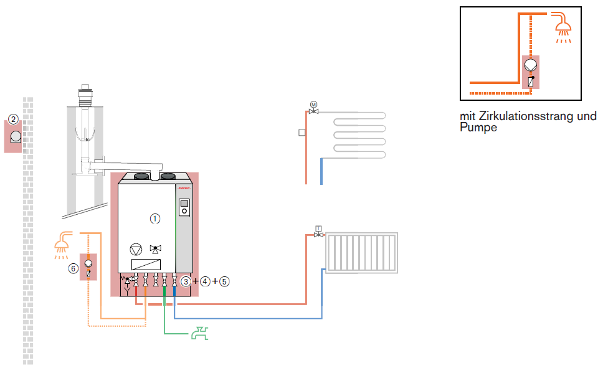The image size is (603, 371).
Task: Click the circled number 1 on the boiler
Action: (x=155, y=218)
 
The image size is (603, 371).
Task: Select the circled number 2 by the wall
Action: (x=13, y=118)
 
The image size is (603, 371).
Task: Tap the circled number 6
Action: (x=74, y=268)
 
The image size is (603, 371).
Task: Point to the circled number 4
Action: (x=205, y=281)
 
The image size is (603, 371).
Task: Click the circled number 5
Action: (x=224, y=281)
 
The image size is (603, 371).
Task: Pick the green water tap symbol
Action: (x=200, y=334)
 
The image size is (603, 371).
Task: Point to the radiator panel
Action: (x=361, y=253)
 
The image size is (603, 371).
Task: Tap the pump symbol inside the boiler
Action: (x=135, y=249)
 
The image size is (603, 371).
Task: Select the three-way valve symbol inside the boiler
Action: (x=155, y=250)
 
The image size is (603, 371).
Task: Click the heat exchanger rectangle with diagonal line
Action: (x=147, y=264)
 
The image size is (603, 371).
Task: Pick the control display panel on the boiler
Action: (x=184, y=207)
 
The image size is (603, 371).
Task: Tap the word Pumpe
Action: (x=478, y=128)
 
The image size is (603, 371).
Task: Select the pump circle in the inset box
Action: (x=530, y=64)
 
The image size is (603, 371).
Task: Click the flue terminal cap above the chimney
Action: (x=83, y=93)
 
